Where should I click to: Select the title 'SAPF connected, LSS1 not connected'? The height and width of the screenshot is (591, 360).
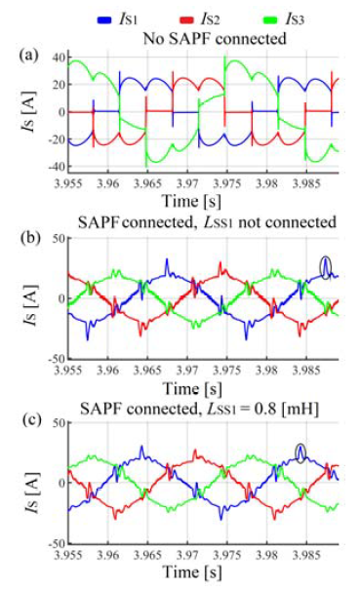point(198,223)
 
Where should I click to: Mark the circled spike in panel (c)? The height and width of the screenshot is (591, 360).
point(301,451)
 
